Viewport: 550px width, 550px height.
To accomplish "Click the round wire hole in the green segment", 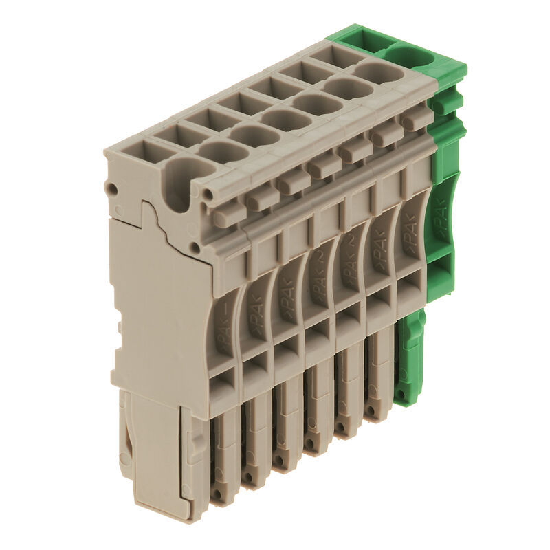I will point(412,54).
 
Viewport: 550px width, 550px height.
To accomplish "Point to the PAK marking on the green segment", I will point(438,220).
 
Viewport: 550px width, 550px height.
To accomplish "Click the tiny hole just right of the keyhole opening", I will point(206,195).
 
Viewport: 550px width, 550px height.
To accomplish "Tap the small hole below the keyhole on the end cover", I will point(196,247).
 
